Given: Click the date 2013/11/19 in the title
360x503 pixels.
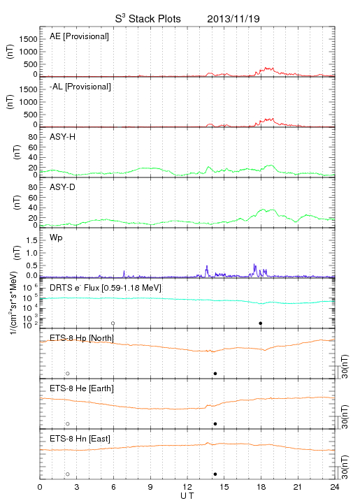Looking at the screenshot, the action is pyautogui.click(x=233, y=19).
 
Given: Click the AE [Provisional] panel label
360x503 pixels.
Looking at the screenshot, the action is pyautogui.click(x=79, y=36).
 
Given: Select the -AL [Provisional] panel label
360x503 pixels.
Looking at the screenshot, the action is pyautogui.click(x=80, y=87).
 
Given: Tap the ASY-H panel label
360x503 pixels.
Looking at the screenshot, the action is pyautogui.click(x=63, y=137).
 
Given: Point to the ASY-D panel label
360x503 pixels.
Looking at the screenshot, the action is pyautogui.click(x=63, y=187).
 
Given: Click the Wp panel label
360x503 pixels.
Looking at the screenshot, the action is pyautogui.click(x=56, y=238).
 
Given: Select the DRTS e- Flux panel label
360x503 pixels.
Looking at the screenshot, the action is pyautogui.click(x=106, y=288).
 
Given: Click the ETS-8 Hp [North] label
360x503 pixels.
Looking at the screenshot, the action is pyautogui.click(x=82, y=338).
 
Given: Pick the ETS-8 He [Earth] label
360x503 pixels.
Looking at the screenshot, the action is pyautogui.click(x=82, y=388).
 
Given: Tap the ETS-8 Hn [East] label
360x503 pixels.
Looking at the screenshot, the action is pyautogui.click(x=80, y=439).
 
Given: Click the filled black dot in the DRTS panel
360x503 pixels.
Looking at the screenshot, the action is pyautogui.click(x=261, y=323).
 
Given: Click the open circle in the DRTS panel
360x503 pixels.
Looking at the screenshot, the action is pyautogui.click(x=113, y=323).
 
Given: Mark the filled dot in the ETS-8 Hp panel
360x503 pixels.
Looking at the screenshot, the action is pyautogui.click(x=215, y=373).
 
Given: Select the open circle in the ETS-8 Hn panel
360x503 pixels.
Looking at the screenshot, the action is pyautogui.click(x=68, y=474).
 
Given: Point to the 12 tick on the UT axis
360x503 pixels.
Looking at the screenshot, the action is pyautogui.click(x=187, y=487).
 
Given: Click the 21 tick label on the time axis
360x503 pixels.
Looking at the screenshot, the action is pyautogui.click(x=298, y=487).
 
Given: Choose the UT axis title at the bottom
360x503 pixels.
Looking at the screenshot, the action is pyautogui.click(x=187, y=496).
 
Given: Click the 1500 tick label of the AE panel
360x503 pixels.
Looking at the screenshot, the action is pyautogui.click(x=28, y=39).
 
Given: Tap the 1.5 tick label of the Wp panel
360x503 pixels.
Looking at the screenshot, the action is pyautogui.click(x=31, y=240).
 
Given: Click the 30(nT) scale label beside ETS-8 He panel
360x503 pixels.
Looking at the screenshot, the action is pyautogui.click(x=345, y=417).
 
